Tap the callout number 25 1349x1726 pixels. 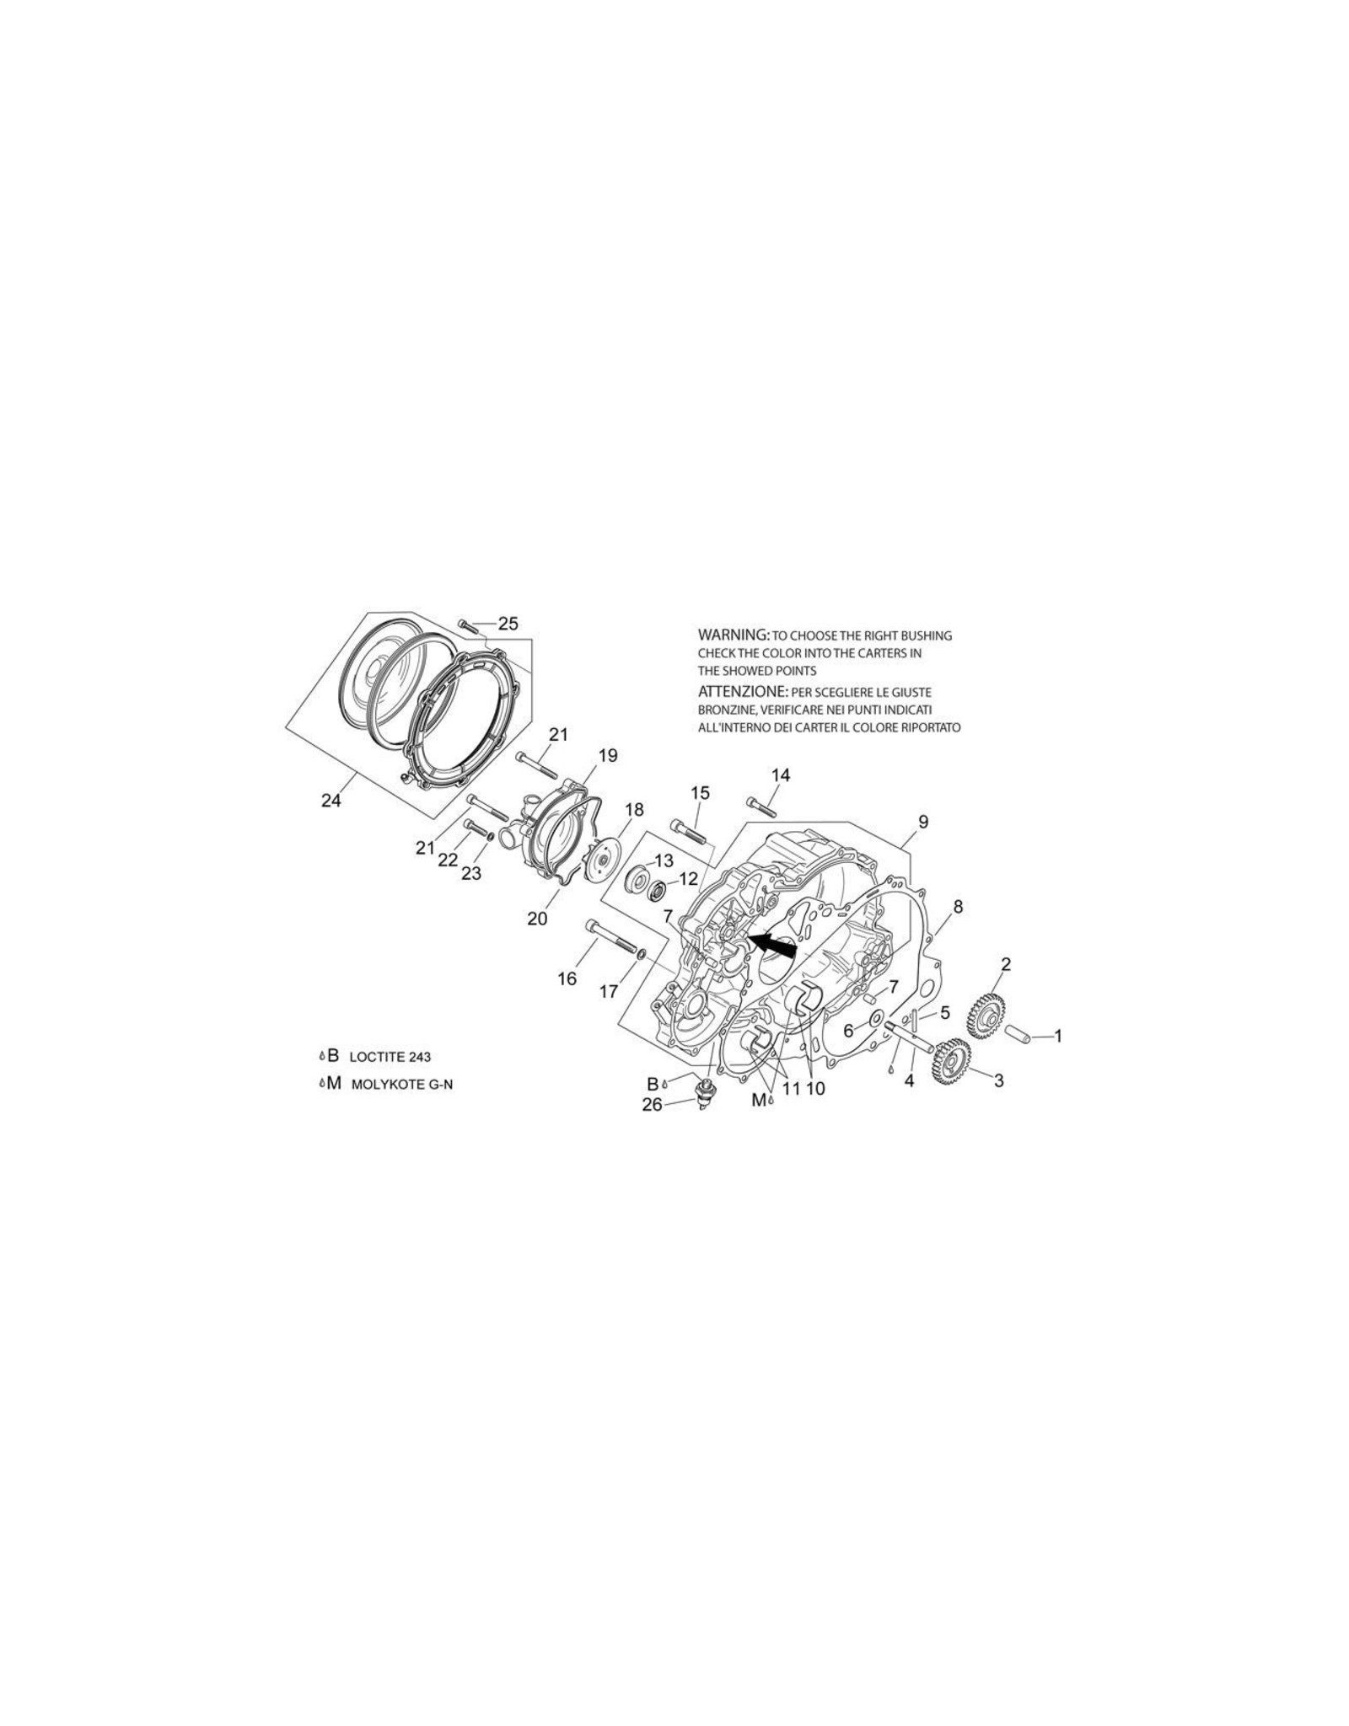point(508,624)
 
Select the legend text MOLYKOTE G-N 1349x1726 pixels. point(401,1085)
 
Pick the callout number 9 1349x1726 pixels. point(923,821)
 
